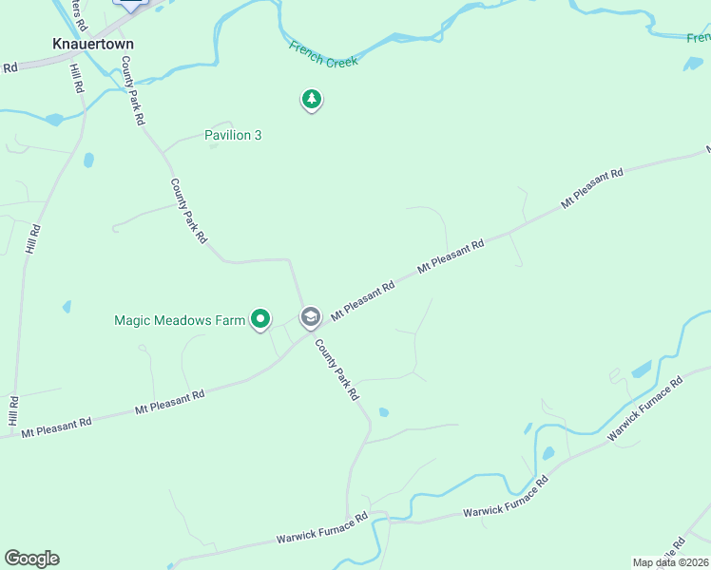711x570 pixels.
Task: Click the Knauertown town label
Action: (x=92, y=44)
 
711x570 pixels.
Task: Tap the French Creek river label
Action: (x=323, y=53)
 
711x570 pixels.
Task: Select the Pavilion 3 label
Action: (x=233, y=135)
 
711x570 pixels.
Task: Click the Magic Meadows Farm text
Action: (x=180, y=320)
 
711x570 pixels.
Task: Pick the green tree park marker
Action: (x=311, y=99)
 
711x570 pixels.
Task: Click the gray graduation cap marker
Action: (x=310, y=316)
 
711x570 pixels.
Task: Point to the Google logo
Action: (x=31, y=559)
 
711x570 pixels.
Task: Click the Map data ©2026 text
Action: (x=670, y=562)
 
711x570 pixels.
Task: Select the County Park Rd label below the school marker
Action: (x=337, y=369)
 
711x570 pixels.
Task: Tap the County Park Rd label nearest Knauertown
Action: (x=132, y=90)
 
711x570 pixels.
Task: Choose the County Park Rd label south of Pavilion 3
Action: (x=188, y=211)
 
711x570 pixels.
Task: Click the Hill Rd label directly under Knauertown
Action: (x=77, y=72)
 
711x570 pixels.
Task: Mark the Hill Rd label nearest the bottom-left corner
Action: (x=13, y=410)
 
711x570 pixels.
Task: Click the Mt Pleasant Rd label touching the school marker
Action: (x=362, y=299)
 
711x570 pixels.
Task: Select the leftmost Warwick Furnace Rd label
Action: (x=321, y=529)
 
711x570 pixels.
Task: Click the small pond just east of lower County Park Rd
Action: (x=383, y=412)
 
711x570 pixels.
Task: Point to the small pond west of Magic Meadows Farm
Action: (x=67, y=307)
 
